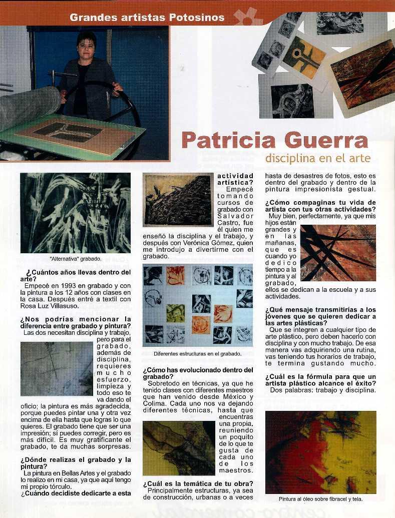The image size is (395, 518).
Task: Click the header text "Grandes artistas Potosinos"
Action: [x=147, y=18]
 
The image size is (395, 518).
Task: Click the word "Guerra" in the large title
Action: [x=327, y=140]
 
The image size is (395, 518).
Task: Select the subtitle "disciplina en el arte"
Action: [x=318, y=159]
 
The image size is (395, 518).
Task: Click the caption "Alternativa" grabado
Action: [x=76, y=259]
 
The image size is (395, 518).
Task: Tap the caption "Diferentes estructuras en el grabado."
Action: [x=197, y=354]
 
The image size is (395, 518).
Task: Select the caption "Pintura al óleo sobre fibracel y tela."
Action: [x=320, y=499]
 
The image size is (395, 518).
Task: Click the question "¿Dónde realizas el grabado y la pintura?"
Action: [x=76, y=463]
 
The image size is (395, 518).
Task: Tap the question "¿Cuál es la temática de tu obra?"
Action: [x=198, y=483]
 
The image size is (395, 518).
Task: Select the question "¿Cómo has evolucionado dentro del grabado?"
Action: [x=198, y=373]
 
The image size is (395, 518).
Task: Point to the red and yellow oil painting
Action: [x=320, y=452]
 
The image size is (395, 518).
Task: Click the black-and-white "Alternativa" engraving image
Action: [x=75, y=213]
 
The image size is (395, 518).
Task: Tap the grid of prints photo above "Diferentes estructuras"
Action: [x=197, y=305]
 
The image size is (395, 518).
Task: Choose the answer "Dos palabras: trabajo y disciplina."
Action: [x=323, y=390]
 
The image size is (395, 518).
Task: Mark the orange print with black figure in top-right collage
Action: [x=302, y=56]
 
